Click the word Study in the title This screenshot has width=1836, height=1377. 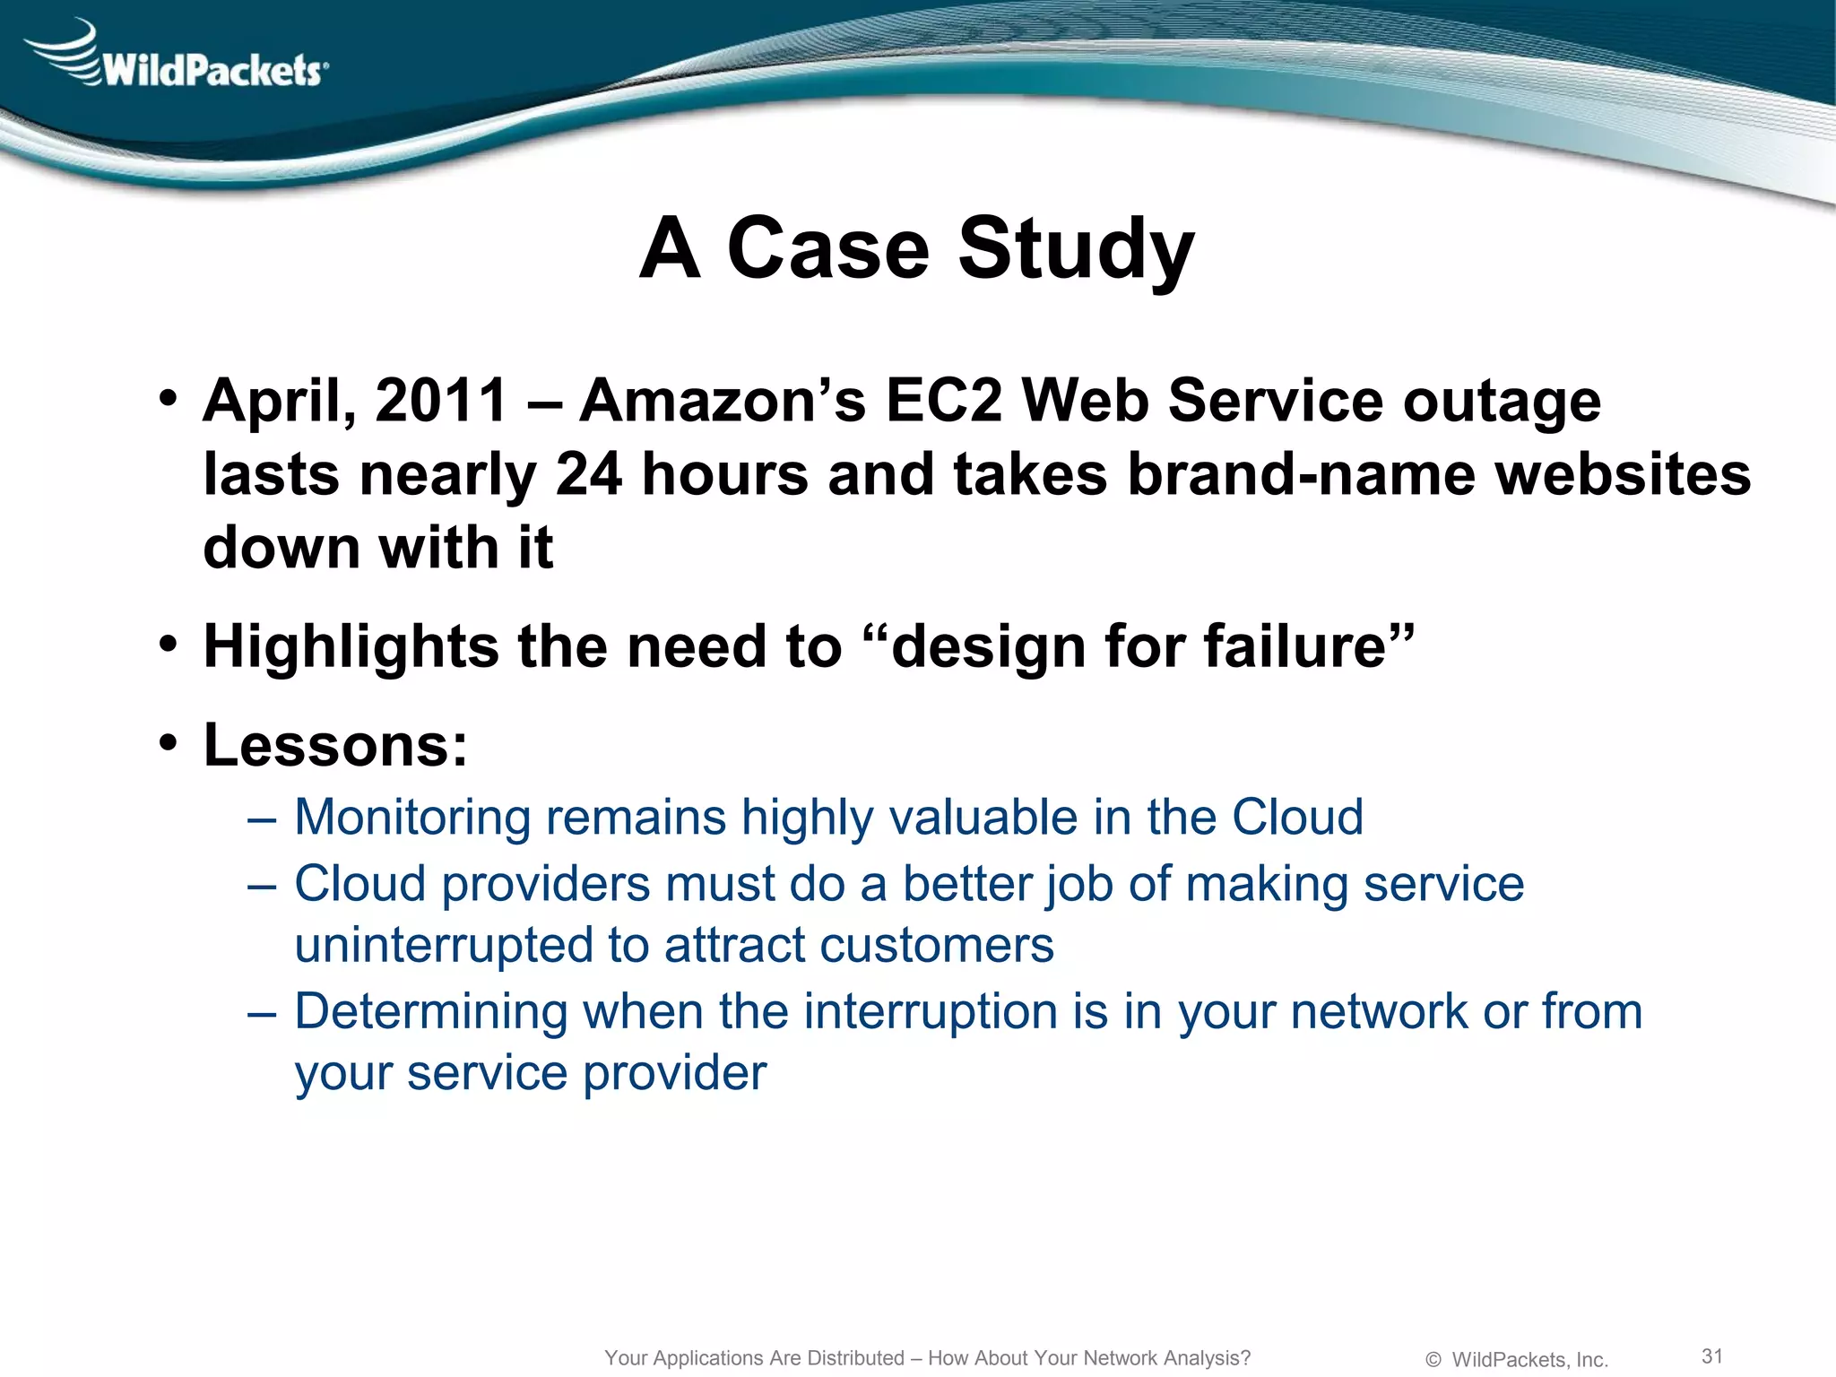(1076, 248)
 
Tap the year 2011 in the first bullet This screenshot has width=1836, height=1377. (441, 400)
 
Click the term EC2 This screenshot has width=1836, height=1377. (943, 400)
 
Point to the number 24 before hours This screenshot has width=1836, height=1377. (588, 474)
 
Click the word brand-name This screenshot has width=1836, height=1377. (1300, 474)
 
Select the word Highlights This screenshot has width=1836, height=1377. (351, 646)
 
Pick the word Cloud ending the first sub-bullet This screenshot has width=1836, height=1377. (1297, 818)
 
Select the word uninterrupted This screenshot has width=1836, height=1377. (444, 946)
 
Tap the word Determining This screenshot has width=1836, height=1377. (431, 1012)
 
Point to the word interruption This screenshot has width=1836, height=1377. (931, 1012)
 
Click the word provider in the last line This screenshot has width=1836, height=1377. (674, 1073)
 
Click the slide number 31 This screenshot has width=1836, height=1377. (1712, 1355)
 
